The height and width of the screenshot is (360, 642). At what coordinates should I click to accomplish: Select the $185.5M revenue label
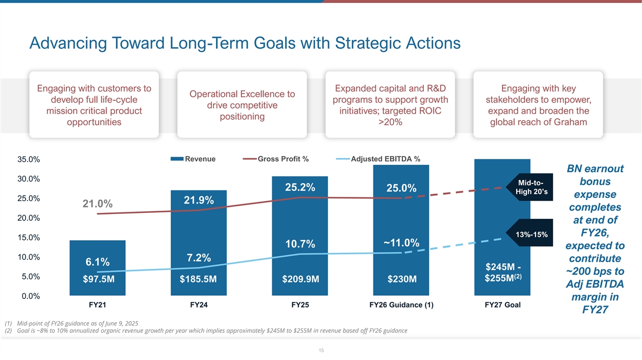coord(198,279)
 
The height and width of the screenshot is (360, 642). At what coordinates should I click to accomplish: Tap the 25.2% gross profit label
coord(300,187)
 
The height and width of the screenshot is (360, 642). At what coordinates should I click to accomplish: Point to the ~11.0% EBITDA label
coord(401,242)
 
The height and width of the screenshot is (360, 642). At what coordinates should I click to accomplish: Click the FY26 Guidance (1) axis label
coord(401,305)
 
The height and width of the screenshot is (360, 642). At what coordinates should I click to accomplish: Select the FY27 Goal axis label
coord(502,305)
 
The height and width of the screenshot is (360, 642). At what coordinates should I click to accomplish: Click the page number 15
coord(321,350)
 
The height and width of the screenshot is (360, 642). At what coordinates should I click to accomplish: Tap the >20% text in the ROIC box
coord(389,122)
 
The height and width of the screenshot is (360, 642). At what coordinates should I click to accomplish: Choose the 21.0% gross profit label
coord(97,204)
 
